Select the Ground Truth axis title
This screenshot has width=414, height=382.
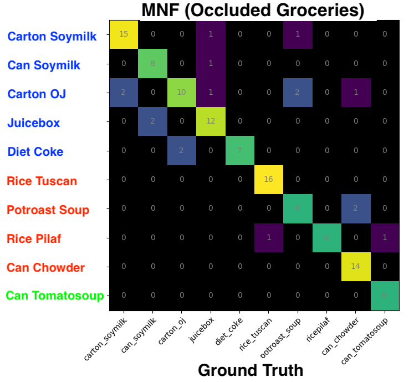[251, 370]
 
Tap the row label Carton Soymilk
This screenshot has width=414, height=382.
[52, 37]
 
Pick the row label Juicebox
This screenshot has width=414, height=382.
[33, 123]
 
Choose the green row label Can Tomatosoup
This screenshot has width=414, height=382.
[55, 296]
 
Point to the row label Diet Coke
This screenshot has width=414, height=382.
[35, 152]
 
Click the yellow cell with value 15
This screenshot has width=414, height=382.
[124, 34]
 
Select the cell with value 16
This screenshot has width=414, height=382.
[268, 179]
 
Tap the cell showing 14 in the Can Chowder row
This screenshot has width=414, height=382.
[355, 266]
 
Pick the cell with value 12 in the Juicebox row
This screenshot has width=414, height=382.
[211, 121]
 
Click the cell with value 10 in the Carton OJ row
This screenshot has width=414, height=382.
[182, 92]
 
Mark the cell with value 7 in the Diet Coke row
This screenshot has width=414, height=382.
[239, 150]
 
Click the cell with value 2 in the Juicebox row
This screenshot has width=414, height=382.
[153, 121]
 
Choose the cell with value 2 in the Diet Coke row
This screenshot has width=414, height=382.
[182, 150]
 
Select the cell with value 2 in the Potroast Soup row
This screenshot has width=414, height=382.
[355, 208]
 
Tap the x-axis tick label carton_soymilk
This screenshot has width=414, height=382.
[106, 338]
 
